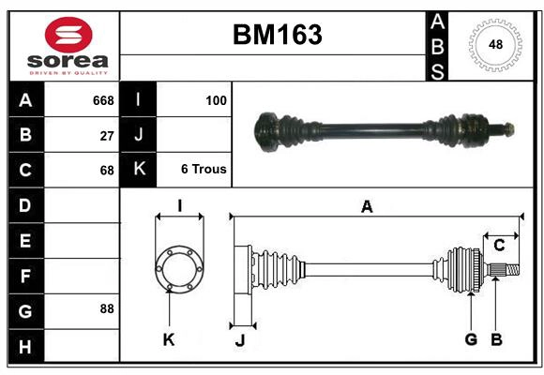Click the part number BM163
(276, 35)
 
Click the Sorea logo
(68, 45)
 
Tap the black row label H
(25, 347)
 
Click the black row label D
(25, 204)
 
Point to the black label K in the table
(139, 170)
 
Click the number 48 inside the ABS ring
(494, 44)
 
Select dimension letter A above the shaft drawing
(368, 207)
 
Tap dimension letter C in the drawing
(499, 245)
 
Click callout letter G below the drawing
(471, 338)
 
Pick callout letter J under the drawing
(239, 340)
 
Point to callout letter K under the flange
(169, 339)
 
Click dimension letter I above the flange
(178, 206)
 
